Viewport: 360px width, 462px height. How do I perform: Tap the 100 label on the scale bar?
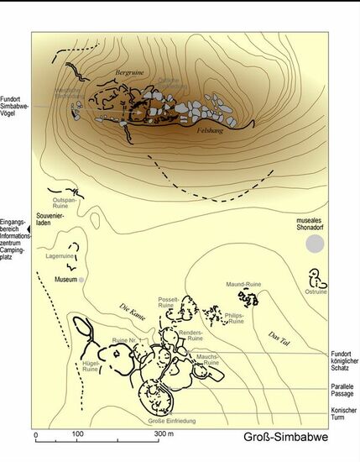point(77,434)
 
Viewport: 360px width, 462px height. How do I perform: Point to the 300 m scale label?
point(164,434)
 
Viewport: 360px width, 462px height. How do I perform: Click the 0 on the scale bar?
point(35,434)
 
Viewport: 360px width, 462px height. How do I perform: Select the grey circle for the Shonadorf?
point(314,244)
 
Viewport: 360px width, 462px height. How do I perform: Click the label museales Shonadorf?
point(316,225)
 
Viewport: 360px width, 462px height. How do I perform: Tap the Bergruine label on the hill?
point(130,73)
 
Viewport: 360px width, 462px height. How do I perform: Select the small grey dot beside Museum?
point(82,279)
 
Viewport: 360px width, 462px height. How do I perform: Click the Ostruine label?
point(316,292)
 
